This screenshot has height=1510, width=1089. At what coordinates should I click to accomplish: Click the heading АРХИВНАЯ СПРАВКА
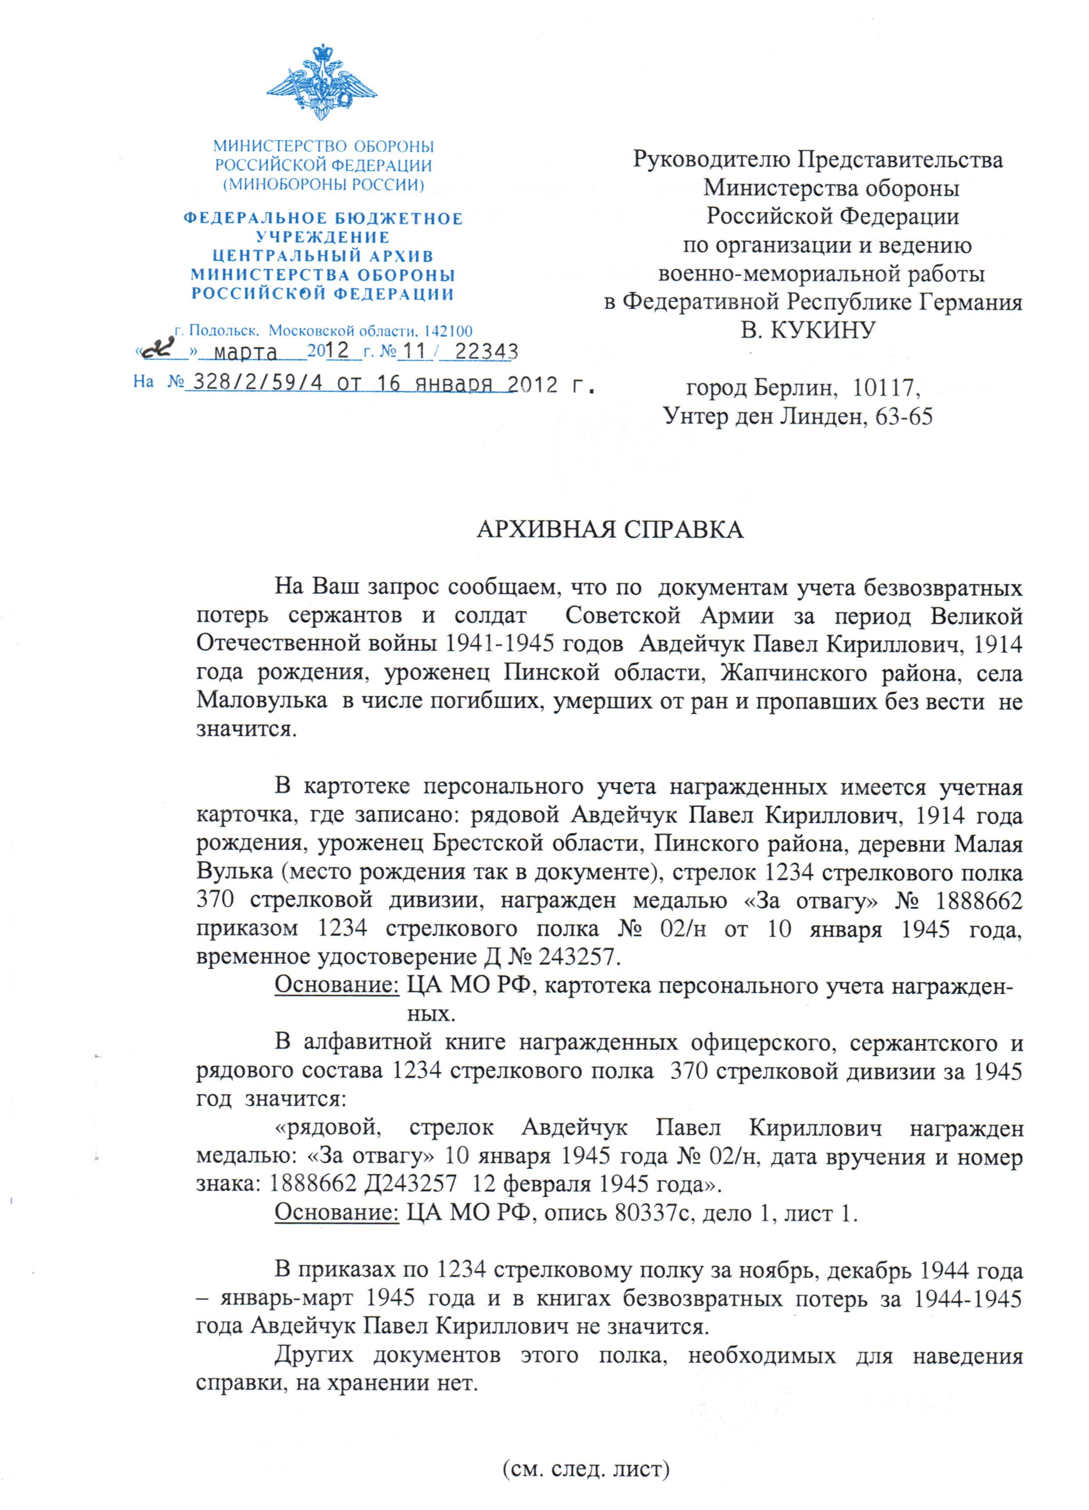[610, 530]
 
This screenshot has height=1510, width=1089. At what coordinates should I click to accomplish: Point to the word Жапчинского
[793, 674]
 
